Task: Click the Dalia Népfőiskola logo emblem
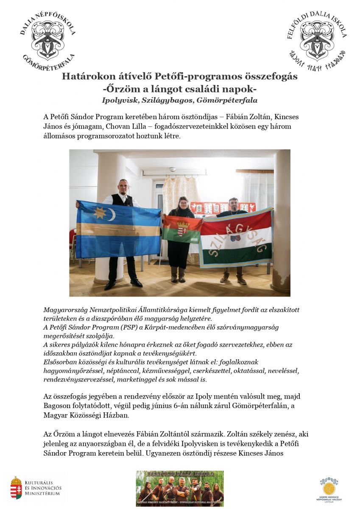(47, 38)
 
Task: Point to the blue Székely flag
(118, 229)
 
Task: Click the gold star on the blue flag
(100, 212)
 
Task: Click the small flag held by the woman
(182, 229)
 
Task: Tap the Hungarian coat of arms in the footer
(16, 487)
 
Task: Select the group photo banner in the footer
(179, 488)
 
